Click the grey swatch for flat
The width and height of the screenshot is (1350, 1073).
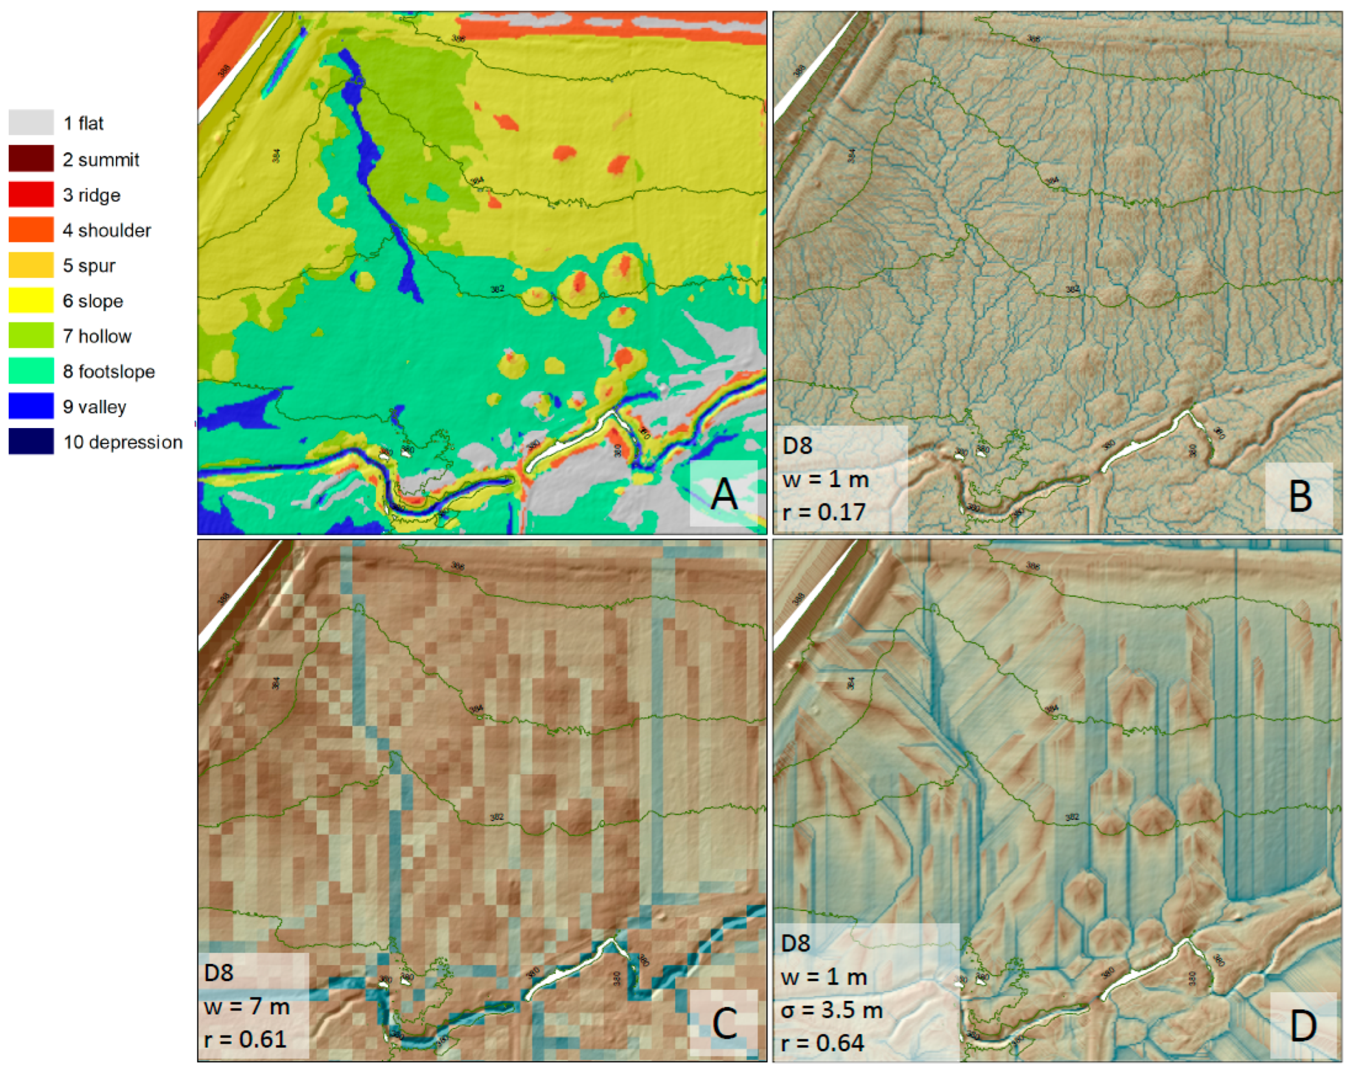point(31,122)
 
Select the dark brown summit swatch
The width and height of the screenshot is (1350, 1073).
point(31,159)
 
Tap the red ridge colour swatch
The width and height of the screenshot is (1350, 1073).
point(31,194)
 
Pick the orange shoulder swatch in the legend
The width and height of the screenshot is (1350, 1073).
point(31,230)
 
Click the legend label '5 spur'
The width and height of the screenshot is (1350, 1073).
point(89,266)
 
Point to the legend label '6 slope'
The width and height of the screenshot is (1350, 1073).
point(92,301)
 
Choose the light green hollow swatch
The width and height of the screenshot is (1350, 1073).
point(31,336)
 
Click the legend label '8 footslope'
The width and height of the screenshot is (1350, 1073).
point(108,372)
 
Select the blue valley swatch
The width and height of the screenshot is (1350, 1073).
point(31,406)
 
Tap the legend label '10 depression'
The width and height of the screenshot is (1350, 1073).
point(122,443)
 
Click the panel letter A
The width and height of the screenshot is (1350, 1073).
point(724,494)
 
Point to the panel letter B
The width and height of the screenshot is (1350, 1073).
point(1300,496)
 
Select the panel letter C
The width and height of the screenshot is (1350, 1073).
point(724,1024)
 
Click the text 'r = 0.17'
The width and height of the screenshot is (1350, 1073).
point(824,512)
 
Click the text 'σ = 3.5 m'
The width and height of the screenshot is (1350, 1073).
point(832,1010)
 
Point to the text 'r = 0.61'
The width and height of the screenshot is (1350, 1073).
point(245,1039)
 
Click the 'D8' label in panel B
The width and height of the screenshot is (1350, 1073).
point(797,445)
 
